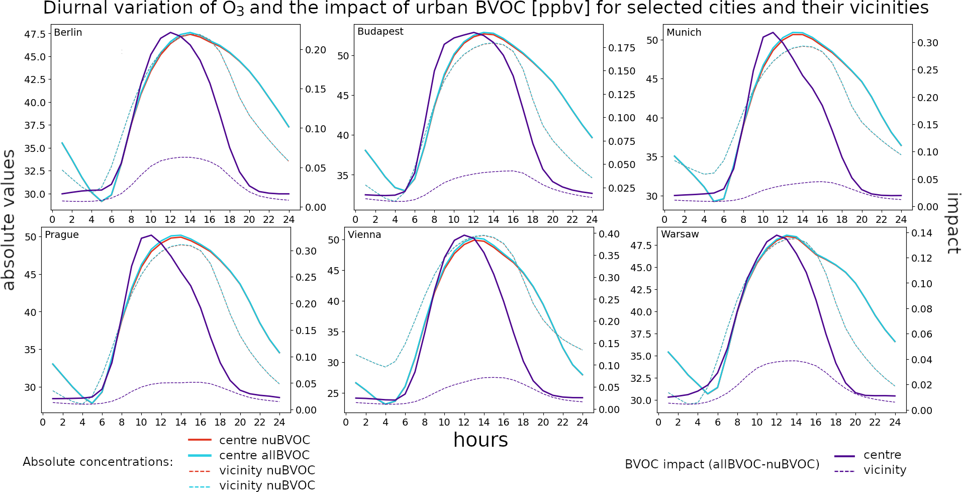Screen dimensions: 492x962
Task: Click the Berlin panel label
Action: click(68, 33)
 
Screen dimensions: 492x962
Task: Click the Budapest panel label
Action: click(380, 32)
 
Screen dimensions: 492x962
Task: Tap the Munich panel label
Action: click(684, 33)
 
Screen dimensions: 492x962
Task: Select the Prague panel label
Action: click(62, 235)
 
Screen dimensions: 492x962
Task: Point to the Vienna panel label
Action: click(364, 235)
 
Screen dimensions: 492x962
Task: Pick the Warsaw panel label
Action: click(680, 234)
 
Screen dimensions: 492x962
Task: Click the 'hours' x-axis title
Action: click(480, 440)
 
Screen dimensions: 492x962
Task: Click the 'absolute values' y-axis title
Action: click(9, 220)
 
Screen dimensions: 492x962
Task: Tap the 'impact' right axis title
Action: click(952, 223)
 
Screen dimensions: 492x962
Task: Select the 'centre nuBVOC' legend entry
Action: click(264, 440)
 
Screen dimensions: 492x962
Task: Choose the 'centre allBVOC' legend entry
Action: click(264, 455)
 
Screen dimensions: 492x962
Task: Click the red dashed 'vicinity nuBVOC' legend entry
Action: click(267, 470)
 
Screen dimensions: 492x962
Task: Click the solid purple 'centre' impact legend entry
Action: click(882, 455)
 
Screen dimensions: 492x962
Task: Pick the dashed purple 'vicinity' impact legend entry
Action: click(885, 470)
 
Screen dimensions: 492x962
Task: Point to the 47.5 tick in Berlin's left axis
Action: click(35, 34)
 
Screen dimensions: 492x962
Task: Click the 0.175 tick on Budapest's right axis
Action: click(622, 48)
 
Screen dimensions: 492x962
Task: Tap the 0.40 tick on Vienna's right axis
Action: click(609, 234)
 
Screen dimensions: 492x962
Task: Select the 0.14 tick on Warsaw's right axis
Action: click(922, 233)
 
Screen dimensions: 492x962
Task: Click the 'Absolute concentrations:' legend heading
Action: click(98, 462)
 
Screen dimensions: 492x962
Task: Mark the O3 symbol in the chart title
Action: click(236, 9)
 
